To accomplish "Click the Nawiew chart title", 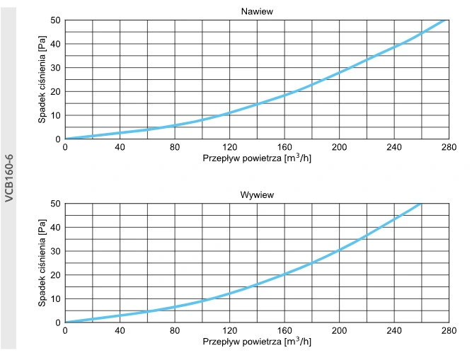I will pyautogui.click(x=257, y=11).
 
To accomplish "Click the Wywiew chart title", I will pyautogui.click(x=257, y=194).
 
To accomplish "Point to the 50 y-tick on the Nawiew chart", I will pyautogui.click(x=55, y=20).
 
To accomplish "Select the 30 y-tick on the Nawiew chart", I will pyautogui.click(x=55, y=68).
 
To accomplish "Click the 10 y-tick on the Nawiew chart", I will pyautogui.click(x=55, y=115).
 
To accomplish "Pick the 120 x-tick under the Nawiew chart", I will pyautogui.click(x=229, y=147).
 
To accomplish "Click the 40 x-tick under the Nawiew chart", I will pyautogui.click(x=120, y=147).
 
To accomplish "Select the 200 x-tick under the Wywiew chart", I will pyautogui.click(x=339, y=330).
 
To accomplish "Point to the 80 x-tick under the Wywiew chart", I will pyautogui.click(x=175, y=330).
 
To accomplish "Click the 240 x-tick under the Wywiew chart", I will pyautogui.click(x=393, y=330).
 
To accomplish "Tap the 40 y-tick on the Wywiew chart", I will pyautogui.click(x=55, y=228).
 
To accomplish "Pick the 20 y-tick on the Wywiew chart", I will pyautogui.click(x=55, y=275).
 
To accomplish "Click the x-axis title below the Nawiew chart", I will pyautogui.click(x=256, y=158).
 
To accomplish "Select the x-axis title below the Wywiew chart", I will pyautogui.click(x=256, y=341).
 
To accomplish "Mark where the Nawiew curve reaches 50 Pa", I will pyautogui.click(x=445, y=20).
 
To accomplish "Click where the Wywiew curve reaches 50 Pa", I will pyautogui.click(x=420, y=204).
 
